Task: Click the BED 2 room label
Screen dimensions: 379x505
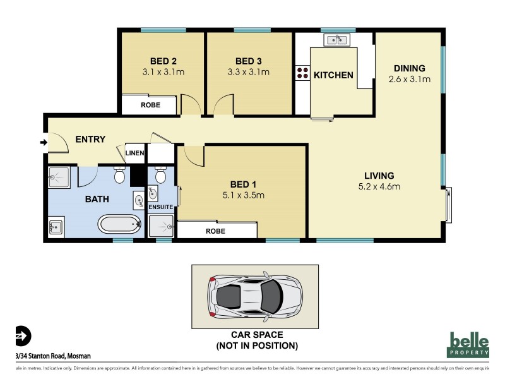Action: pos(163,61)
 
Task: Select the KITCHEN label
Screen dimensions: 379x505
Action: pos(334,75)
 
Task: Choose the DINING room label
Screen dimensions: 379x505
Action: pos(410,68)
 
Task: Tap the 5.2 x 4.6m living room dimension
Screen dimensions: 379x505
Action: pos(379,186)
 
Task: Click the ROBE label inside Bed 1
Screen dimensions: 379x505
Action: pos(215,231)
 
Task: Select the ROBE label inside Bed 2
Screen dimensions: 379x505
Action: pos(150,106)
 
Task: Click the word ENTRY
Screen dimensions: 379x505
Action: pos(90,140)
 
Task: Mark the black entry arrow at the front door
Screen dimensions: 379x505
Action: pos(43,143)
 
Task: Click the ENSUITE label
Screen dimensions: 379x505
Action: pos(161,206)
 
